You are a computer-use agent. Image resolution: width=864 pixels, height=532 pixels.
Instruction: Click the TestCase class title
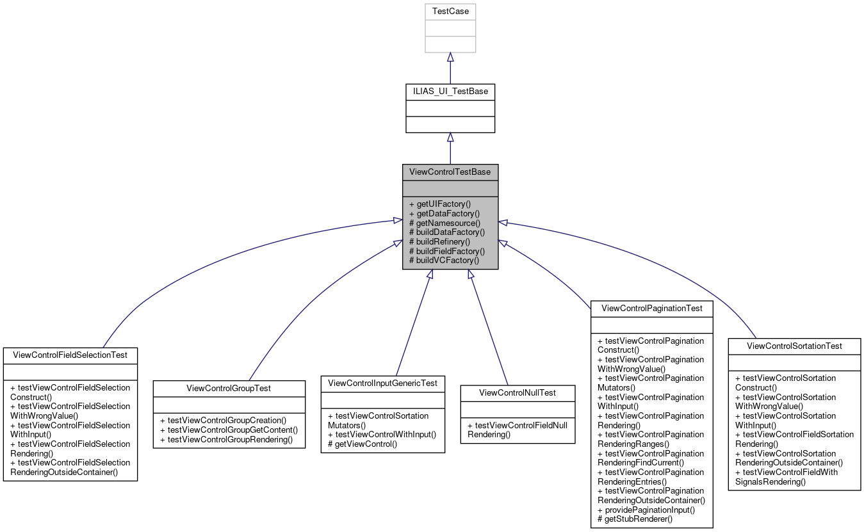[450, 12]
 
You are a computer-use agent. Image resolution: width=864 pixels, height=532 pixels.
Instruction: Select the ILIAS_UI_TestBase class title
[450, 92]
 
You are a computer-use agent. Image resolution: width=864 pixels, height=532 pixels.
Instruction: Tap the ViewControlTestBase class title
[450, 172]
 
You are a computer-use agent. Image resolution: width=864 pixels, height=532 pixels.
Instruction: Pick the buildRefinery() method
[439, 241]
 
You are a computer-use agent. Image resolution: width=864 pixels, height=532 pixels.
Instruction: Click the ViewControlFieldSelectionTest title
[70, 355]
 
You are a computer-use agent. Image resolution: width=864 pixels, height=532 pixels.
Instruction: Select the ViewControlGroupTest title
[229, 388]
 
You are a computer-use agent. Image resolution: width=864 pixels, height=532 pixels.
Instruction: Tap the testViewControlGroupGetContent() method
[229, 430]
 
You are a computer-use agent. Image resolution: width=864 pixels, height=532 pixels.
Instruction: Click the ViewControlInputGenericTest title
[382, 383]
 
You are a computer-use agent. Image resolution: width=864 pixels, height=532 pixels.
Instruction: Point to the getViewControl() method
[363, 444]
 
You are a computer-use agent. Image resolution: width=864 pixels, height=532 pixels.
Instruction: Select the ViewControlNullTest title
[518, 392]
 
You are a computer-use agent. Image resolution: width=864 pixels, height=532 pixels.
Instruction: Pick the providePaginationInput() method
[646, 510]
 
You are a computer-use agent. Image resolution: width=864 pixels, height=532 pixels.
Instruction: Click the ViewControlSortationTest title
[794, 346]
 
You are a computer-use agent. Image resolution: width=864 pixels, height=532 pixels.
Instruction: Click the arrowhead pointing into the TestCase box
[450, 57]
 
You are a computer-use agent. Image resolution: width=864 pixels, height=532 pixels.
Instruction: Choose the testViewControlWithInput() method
[382, 435]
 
